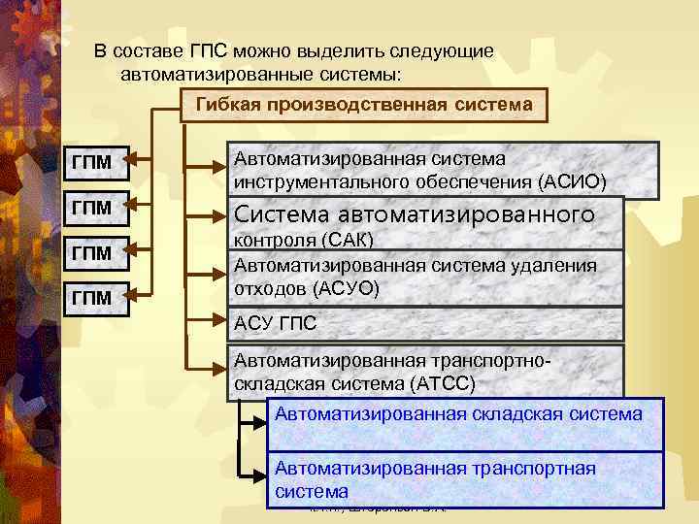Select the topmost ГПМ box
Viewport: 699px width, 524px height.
[92, 162]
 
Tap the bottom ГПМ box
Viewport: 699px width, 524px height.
[92, 296]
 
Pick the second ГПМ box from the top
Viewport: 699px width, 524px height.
[92, 208]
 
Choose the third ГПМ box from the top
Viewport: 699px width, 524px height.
[92, 252]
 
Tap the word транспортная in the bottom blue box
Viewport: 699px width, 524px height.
[532, 469]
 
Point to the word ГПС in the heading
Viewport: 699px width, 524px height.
[204, 51]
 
